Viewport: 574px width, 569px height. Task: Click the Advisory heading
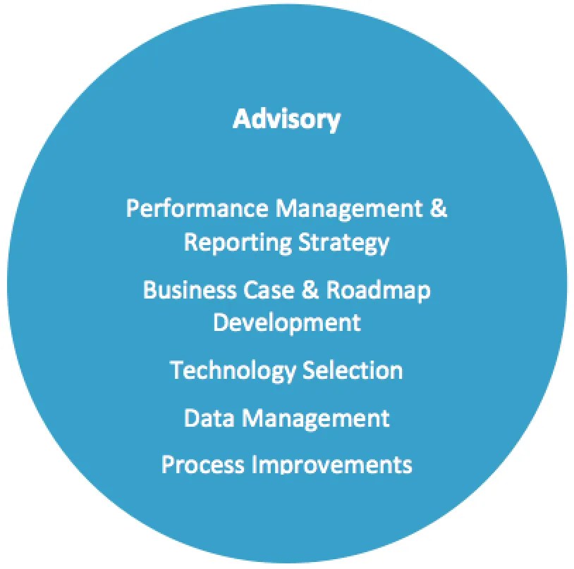(x=286, y=118)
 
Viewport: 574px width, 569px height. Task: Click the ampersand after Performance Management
(x=439, y=208)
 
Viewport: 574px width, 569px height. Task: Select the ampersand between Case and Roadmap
(x=311, y=289)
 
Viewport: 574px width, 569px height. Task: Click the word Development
(x=287, y=323)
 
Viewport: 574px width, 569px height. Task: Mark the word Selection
(x=353, y=370)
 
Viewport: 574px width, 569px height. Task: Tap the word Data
(x=209, y=418)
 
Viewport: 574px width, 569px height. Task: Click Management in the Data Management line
(x=315, y=418)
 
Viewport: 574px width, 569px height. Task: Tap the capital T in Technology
(x=176, y=370)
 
